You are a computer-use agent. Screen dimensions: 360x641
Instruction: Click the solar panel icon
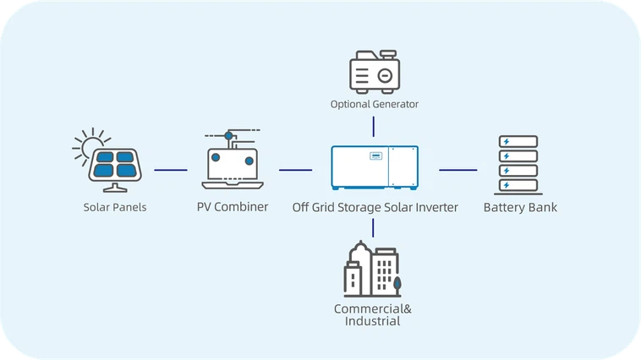point(116,165)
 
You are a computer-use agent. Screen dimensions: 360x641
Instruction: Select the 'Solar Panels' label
point(115,207)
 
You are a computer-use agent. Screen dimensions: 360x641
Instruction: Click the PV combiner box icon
point(232,163)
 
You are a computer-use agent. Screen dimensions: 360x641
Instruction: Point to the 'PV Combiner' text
point(233,207)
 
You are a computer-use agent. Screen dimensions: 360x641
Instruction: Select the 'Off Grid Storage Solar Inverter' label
point(375,207)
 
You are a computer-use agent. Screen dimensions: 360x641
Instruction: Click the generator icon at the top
point(374,70)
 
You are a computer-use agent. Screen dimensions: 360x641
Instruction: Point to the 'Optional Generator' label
point(374,104)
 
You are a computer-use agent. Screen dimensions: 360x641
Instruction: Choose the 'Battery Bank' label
point(519,207)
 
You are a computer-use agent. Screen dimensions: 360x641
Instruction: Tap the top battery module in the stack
point(515,141)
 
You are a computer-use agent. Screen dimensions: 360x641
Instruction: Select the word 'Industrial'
point(372,321)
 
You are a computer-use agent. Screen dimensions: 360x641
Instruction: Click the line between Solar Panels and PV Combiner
point(171,170)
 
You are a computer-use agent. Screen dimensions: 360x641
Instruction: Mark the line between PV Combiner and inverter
point(295,170)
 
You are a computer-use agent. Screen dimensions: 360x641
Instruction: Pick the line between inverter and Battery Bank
point(457,170)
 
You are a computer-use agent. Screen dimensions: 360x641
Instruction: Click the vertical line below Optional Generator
point(373,126)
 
